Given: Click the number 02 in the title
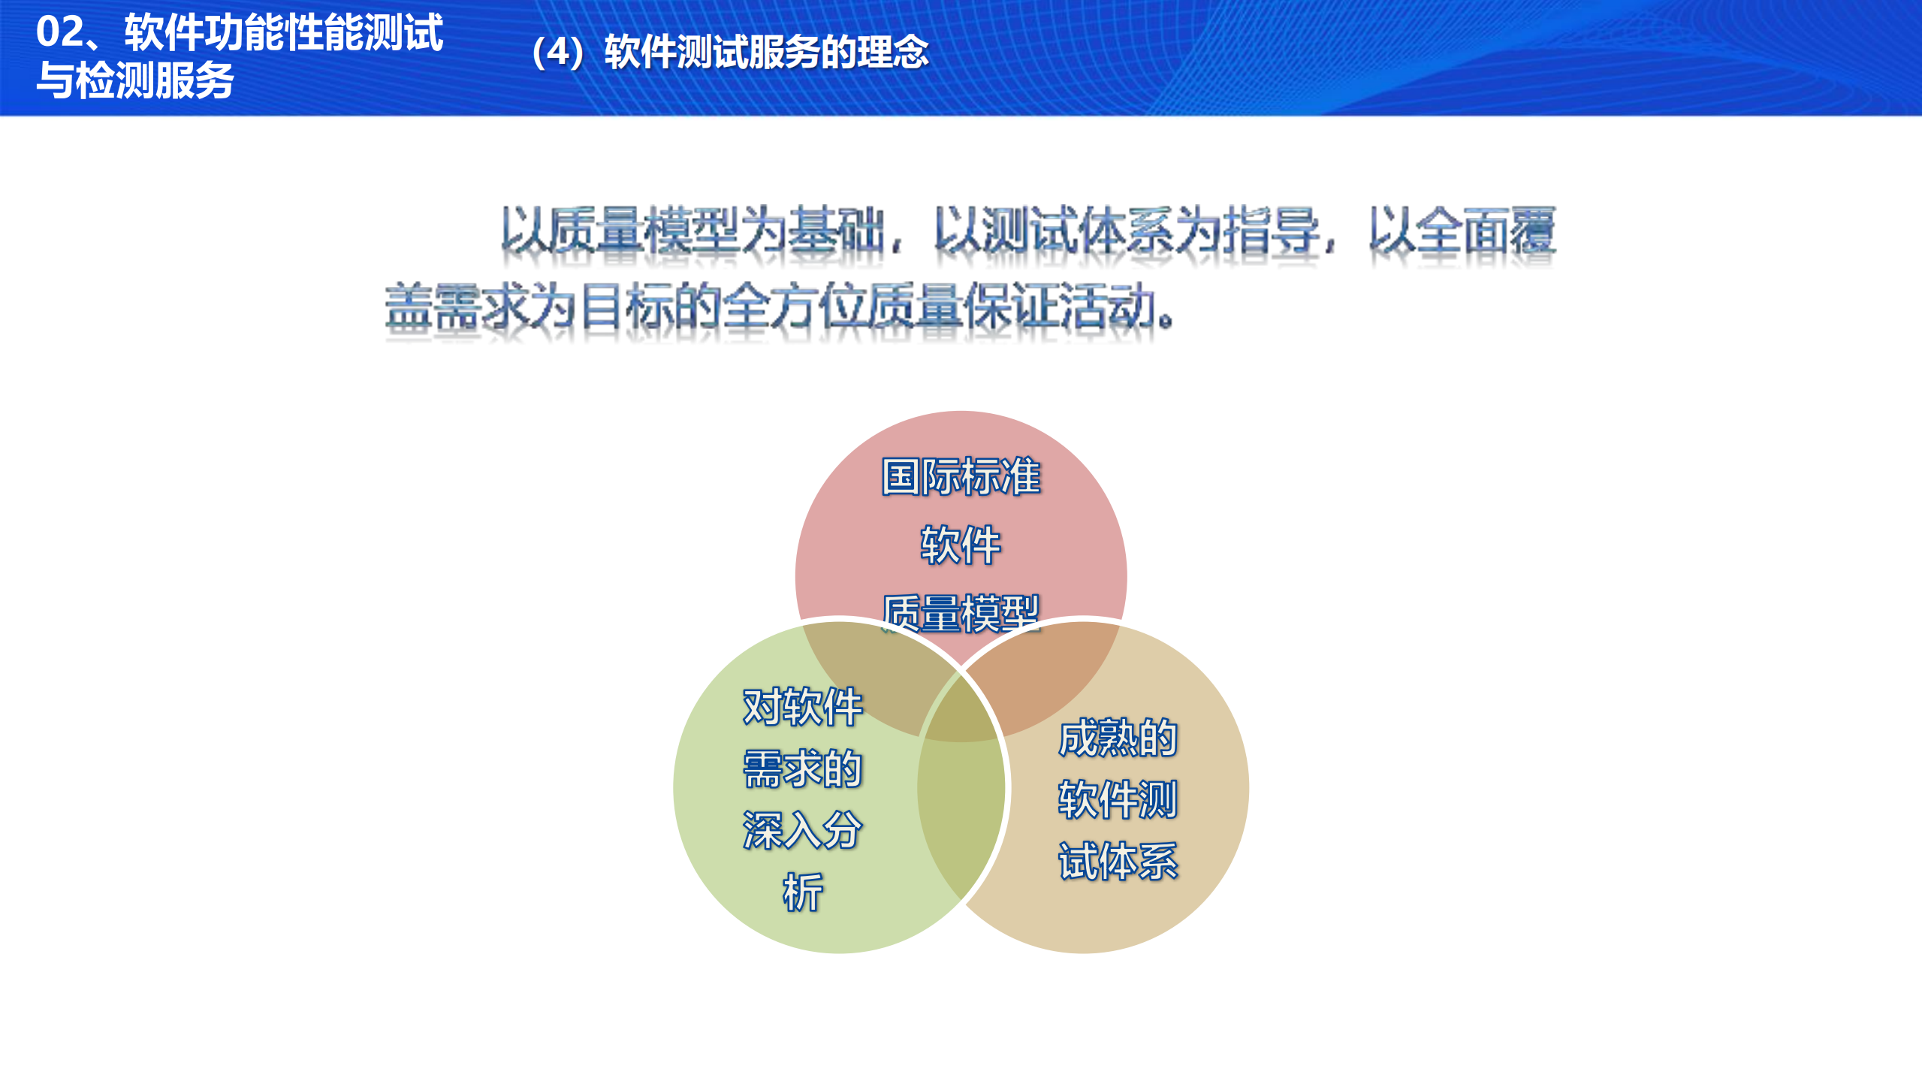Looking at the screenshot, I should click(x=60, y=32).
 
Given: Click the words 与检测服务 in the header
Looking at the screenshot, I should click(x=135, y=80).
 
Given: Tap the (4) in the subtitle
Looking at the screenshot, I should click(x=558, y=53).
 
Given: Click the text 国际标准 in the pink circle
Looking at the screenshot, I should click(x=961, y=477).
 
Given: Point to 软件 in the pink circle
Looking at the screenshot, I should click(x=961, y=545).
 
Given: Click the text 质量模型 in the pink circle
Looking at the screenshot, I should click(x=961, y=612).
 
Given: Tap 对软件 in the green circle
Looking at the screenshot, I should click(x=802, y=707).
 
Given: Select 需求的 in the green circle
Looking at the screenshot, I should click(x=802, y=768).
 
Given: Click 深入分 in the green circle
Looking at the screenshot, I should click(x=802, y=830).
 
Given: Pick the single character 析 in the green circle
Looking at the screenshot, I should click(x=802, y=892).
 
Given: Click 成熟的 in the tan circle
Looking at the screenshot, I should click(x=1118, y=738).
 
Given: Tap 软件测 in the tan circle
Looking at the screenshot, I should click(x=1118, y=799).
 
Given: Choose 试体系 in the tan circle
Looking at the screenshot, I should click(x=1118, y=861).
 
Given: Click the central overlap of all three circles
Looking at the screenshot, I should click(x=961, y=714).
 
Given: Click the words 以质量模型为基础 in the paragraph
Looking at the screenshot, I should click(x=691, y=230).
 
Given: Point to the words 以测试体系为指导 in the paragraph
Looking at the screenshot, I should click(x=1127, y=230).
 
